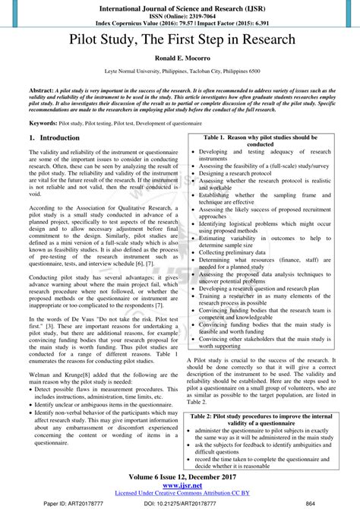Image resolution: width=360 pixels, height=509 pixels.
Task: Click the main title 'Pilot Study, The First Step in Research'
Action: tap(180, 40)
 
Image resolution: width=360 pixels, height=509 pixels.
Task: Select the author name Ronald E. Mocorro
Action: tap(180, 58)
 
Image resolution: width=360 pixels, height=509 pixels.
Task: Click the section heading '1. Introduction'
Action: tap(54, 138)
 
